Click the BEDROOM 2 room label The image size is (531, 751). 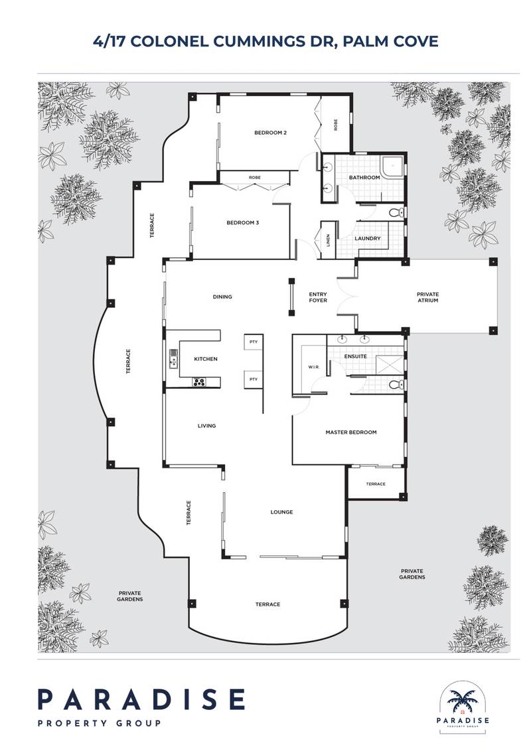270,133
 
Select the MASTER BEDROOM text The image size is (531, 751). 350,432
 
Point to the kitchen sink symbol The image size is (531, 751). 174,359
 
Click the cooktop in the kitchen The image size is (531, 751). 199,381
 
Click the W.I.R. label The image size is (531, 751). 314,366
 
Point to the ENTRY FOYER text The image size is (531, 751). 319,297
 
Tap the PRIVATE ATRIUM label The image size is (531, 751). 428,297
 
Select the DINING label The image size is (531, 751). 222,297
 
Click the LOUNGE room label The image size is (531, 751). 281,512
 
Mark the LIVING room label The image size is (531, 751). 206,425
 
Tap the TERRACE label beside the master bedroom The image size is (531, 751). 376,484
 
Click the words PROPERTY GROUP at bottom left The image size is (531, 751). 99,722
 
